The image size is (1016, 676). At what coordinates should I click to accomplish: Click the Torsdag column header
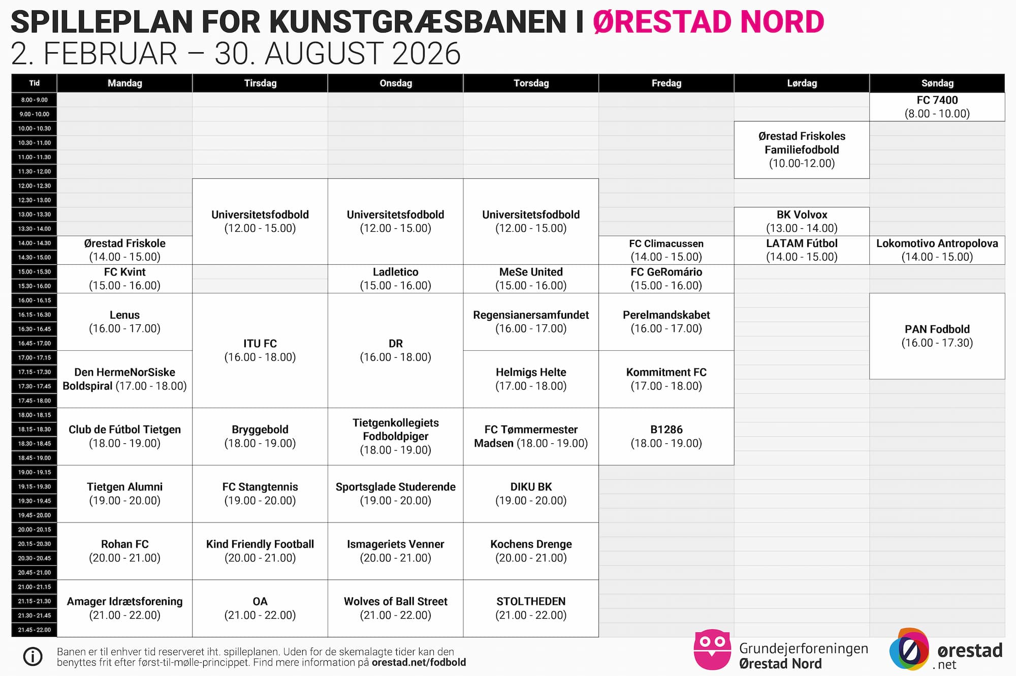point(531,83)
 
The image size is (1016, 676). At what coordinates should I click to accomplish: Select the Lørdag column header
point(802,83)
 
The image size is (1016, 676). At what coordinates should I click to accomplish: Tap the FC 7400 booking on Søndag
point(937,107)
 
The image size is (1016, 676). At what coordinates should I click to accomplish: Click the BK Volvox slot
point(802,221)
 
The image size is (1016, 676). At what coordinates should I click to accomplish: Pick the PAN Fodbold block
point(937,336)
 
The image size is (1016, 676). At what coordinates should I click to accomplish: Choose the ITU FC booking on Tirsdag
point(260,350)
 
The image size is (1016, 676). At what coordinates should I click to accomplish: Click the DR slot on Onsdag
point(395,350)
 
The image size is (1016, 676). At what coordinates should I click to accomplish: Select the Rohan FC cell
point(124,551)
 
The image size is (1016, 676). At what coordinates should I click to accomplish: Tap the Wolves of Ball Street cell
point(395,608)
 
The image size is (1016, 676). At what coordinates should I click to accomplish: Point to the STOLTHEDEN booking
point(531,608)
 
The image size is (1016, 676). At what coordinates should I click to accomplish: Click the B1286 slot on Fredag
point(666,436)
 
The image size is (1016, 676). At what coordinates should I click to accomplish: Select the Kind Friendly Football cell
point(260,551)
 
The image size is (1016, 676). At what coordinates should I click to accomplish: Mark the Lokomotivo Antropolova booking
point(937,250)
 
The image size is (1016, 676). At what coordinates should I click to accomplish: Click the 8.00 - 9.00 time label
point(35,100)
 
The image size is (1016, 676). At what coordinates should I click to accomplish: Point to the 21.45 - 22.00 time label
point(35,630)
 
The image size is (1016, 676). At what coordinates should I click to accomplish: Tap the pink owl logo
point(712,650)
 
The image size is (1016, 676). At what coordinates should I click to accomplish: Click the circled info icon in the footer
point(33,657)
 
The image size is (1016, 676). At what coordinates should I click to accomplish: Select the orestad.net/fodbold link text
point(419,662)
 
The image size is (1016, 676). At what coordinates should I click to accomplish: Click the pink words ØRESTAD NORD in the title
point(708,22)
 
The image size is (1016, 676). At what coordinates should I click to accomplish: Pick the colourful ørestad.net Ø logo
point(909,649)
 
